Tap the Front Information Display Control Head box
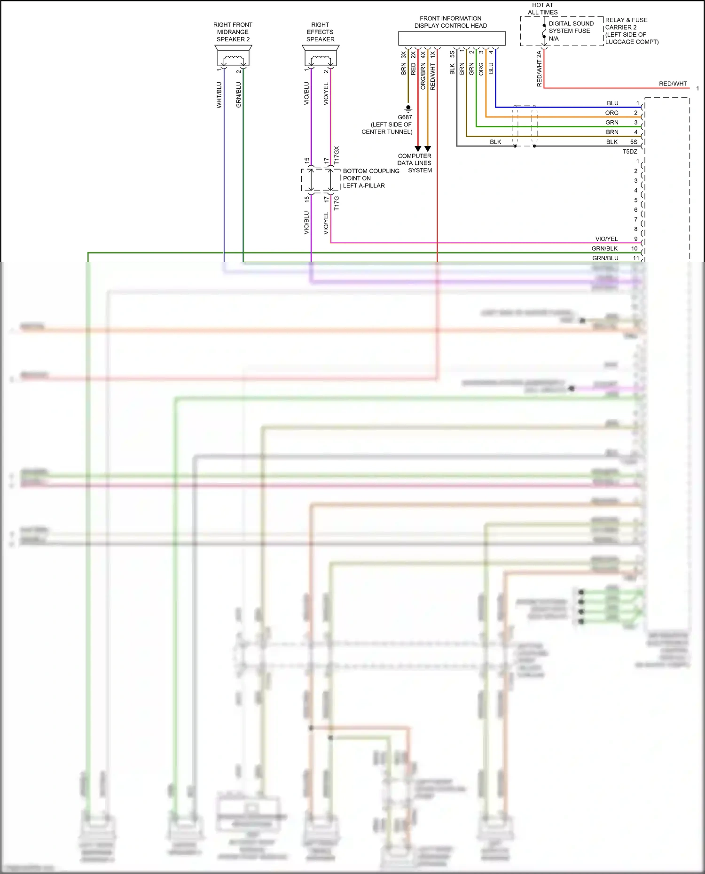coord(452,39)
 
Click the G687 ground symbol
coord(408,108)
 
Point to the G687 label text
coord(405,117)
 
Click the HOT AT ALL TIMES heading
coord(542,9)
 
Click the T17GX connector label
coord(337,155)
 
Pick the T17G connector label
coord(337,203)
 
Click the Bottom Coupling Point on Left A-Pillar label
coord(370,178)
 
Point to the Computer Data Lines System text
coord(415,163)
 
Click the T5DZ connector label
coord(630,152)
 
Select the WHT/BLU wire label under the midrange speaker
coord(219,95)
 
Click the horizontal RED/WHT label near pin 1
coord(673,84)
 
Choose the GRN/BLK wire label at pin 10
coord(604,249)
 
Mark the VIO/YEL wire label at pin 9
coord(606,239)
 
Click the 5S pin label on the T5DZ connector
coord(634,142)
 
